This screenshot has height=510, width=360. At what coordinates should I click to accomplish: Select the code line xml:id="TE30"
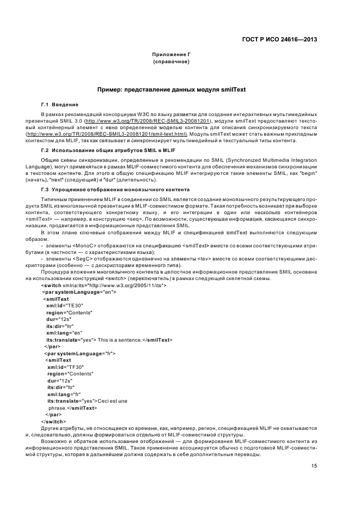[64, 306]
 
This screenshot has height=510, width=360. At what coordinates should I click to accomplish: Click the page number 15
[314, 466]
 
